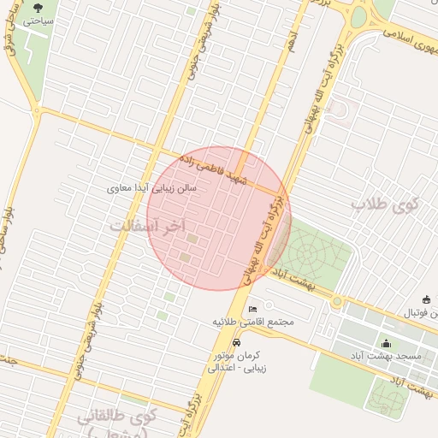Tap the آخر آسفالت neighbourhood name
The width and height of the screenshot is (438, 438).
[148, 225]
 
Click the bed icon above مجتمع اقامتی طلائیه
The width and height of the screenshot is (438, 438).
[252, 309]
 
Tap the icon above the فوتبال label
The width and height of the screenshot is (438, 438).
[403, 299]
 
